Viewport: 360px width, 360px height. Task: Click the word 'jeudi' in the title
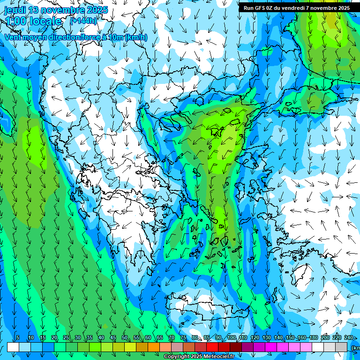click(x=15, y=10)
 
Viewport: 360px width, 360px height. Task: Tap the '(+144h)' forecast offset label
click(x=83, y=20)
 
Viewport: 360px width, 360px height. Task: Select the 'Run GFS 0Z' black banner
click(x=296, y=7)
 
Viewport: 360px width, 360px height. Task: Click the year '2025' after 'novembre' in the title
click(x=97, y=10)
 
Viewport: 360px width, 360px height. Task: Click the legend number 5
click(x=17, y=337)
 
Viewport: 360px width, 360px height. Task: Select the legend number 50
click(x=125, y=337)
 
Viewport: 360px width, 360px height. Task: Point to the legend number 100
click(x=232, y=337)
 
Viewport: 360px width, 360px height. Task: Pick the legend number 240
click(x=349, y=337)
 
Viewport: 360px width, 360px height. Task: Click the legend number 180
click(x=314, y=337)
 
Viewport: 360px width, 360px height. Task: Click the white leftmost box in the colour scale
click(x=13, y=347)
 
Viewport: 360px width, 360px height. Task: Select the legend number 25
click(x=66, y=337)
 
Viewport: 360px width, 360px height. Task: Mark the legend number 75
click(x=183, y=337)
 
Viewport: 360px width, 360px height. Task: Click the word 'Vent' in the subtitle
click(x=13, y=37)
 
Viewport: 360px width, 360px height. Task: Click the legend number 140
click(x=278, y=337)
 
